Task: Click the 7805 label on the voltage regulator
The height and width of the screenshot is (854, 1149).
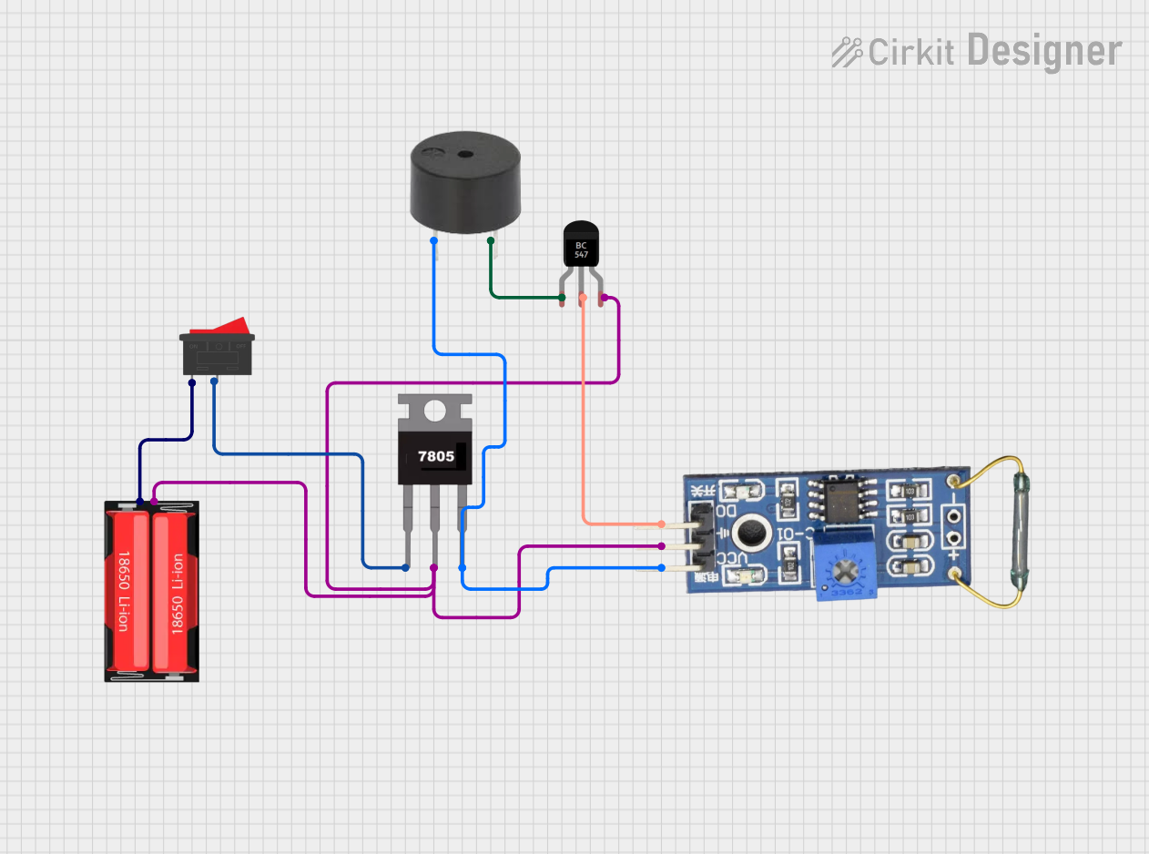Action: click(434, 456)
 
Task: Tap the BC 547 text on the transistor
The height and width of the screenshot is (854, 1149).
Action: click(582, 249)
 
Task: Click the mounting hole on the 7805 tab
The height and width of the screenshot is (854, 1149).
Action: click(435, 412)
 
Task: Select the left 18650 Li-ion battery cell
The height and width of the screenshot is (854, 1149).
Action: click(127, 590)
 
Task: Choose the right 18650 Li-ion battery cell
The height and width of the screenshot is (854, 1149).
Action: click(174, 590)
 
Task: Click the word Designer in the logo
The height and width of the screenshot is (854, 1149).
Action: click(1044, 51)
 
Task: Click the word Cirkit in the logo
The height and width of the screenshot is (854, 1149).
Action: click(911, 52)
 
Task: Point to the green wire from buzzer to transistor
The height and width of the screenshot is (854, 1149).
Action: click(519, 297)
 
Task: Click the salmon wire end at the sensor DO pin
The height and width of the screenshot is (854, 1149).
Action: click(662, 524)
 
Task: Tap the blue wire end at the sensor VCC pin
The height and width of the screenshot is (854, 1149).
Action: click(662, 568)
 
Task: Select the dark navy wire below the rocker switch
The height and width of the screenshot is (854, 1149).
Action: click(164, 441)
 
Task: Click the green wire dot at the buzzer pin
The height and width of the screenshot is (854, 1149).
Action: click(491, 240)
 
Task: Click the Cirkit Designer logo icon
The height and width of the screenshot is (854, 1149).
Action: click(847, 52)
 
